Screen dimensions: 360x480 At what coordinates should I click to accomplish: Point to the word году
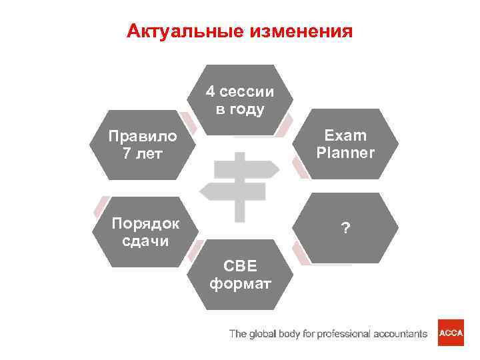[247, 109]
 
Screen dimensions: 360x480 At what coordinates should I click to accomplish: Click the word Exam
[345, 135]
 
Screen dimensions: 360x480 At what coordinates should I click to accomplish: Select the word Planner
[345, 153]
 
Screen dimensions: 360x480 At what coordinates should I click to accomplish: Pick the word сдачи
[145, 240]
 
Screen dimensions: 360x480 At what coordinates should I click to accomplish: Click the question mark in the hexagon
[345, 229]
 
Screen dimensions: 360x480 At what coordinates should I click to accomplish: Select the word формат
[240, 285]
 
